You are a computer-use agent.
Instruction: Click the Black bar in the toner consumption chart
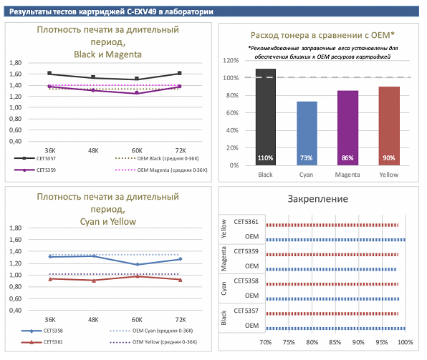[266, 117]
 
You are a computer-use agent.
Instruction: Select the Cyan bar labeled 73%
[307, 133]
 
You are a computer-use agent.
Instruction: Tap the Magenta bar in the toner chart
[347, 128]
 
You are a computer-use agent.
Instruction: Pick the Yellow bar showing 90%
[389, 126]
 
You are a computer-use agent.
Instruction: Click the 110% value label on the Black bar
[266, 158]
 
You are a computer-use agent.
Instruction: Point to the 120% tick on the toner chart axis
[231, 60]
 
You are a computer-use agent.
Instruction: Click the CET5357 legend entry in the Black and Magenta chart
[35, 158]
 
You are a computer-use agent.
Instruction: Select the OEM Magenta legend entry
[161, 170]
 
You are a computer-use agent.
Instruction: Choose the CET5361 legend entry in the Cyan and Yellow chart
[42, 342]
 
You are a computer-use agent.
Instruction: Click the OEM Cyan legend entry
[151, 331]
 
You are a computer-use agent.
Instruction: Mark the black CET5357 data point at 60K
[137, 79]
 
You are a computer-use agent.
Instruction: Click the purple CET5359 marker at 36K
[49, 87]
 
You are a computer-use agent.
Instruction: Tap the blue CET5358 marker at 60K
[138, 264]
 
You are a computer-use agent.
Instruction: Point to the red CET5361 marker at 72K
[181, 279]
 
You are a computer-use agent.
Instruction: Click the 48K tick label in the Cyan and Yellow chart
[93, 320]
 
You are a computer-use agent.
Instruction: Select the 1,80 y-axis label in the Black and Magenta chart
[15, 63]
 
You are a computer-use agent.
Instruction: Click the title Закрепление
[318, 199]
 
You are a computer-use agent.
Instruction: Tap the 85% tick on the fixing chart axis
[335, 342]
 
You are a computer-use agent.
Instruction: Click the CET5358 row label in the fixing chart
[246, 281]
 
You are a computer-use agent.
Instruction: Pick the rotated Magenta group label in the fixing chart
[224, 259]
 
